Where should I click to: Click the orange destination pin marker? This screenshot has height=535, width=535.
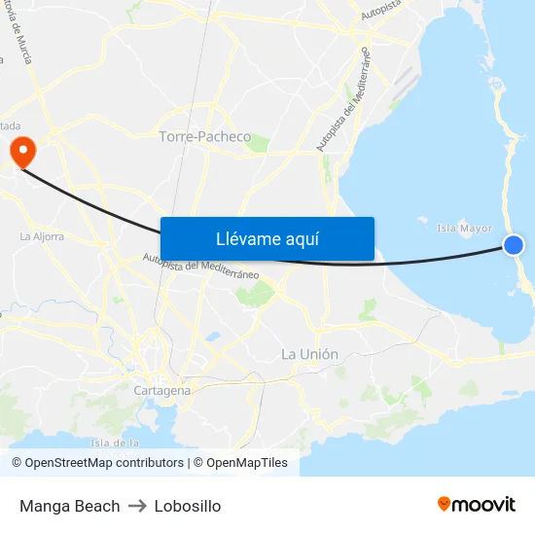coord(21,151)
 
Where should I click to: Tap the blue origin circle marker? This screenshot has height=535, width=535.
coord(514,246)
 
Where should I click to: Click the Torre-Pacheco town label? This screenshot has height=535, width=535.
coord(204,137)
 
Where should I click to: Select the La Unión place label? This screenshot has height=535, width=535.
coord(309,354)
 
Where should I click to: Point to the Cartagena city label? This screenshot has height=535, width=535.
coord(162,390)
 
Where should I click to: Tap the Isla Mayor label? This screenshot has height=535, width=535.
coord(465,230)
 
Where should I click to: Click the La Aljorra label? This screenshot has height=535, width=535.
coord(42,236)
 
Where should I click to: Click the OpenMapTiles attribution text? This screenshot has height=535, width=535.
coord(247,463)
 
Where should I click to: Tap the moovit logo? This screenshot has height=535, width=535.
coord(477,505)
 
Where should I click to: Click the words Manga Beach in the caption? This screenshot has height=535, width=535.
coord(70,506)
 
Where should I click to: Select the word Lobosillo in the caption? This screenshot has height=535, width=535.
coord(188,506)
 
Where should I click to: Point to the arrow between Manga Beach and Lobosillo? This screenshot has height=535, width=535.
coord(137,506)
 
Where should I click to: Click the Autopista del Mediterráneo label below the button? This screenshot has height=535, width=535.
coord(200,267)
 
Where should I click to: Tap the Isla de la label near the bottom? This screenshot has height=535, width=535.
coord(115,444)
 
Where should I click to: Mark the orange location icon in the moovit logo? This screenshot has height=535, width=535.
coord(445,504)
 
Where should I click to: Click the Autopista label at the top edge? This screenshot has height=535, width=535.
coord(381,13)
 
